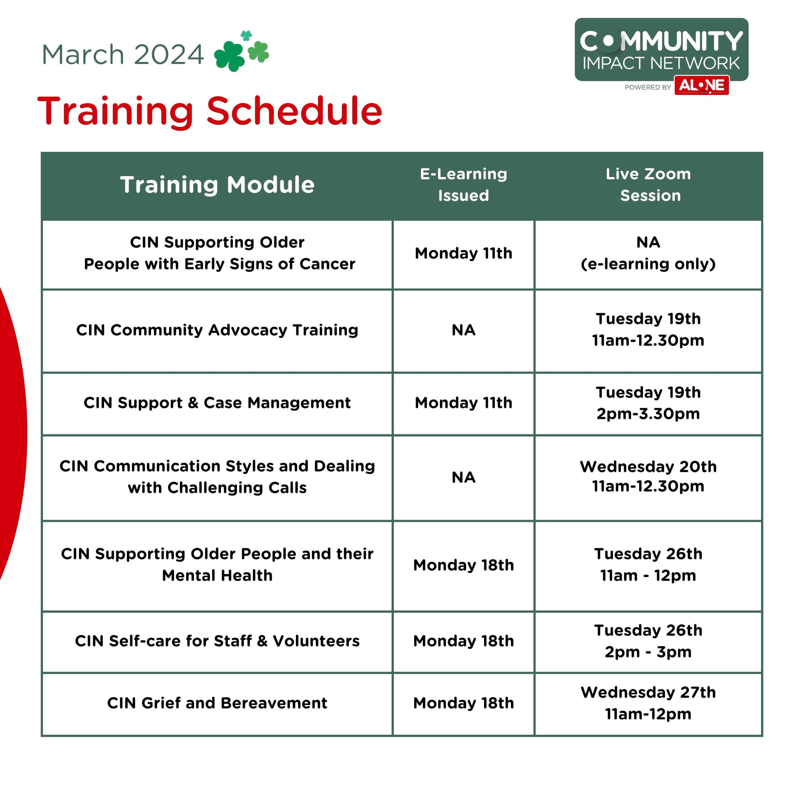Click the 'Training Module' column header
(x=217, y=184)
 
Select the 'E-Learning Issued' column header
(x=464, y=184)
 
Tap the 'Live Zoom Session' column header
(x=648, y=184)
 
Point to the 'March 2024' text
(x=123, y=55)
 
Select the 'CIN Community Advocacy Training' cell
(x=217, y=330)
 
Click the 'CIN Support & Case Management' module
(x=217, y=403)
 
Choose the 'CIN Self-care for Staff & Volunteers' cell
(x=217, y=641)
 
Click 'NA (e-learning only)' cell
(x=648, y=253)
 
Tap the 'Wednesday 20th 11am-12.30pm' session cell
(x=648, y=476)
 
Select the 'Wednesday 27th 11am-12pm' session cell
(x=648, y=703)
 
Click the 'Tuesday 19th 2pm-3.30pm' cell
(x=648, y=403)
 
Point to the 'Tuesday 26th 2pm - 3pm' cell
(x=648, y=641)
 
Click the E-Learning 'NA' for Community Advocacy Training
(x=464, y=330)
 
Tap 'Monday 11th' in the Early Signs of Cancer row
(x=464, y=253)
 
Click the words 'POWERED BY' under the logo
(x=648, y=87)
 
